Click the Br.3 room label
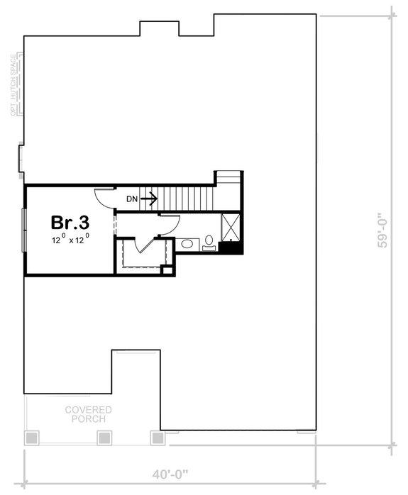click(x=70, y=222)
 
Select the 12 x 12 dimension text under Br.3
click(x=70, y=240)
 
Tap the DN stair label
click(x=132, y=199)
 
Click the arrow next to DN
click(x=148, y=199)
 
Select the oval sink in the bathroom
click(x=188, y=244)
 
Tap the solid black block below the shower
click(x=229, y=247)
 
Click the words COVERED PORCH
click(x=89, y=414)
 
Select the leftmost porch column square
click(x=32, y=438)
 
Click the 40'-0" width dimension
click(x=169, y=473)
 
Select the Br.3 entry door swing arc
click(x=104, y=199)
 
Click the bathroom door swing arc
click(x=167, y=226)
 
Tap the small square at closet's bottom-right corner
click(x=167, y=269)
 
